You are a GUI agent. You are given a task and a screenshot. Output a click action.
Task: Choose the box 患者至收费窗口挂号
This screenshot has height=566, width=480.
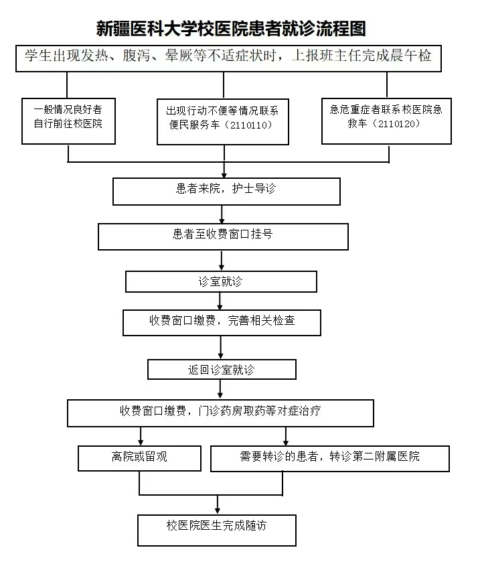(x=223, y=235)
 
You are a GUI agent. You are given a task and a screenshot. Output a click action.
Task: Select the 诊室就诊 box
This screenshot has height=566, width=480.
(x=221, y=281)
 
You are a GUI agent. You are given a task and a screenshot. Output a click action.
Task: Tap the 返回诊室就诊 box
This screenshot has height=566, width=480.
(x=222, y=369)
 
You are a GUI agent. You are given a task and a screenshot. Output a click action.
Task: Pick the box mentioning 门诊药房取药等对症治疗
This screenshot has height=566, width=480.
(x=220, y=411)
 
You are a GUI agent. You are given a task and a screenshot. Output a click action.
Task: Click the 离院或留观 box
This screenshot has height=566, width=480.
(x=139, y=457)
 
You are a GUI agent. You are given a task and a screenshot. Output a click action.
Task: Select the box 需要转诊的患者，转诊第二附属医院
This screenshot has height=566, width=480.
(x=329, y=457)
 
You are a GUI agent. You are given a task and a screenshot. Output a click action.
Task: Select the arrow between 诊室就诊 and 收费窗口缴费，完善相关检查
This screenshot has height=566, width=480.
(x=222, y=301)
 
